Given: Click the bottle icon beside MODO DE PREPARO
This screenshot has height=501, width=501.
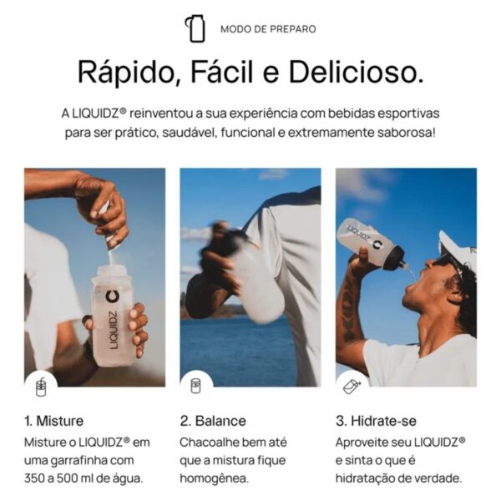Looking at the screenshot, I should click(196, 28).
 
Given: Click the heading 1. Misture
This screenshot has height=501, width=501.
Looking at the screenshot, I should click(54, 420).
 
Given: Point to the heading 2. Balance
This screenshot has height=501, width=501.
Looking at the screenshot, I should click(213, 420).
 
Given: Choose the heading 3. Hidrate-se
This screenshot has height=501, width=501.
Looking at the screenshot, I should click(376, 420).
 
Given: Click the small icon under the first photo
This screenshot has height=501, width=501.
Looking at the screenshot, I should click(40, 386).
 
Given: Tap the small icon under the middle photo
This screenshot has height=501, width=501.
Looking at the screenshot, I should click(196, 386).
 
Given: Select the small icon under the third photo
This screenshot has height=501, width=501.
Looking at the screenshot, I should click(352, 386).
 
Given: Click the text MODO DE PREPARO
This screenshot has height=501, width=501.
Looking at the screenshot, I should click(268, 29).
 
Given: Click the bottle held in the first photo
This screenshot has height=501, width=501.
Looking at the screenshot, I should click(111, 313).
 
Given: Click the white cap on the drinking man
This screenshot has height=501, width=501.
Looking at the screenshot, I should click(458, 248).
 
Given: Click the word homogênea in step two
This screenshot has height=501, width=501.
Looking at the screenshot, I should click(214, 478).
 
